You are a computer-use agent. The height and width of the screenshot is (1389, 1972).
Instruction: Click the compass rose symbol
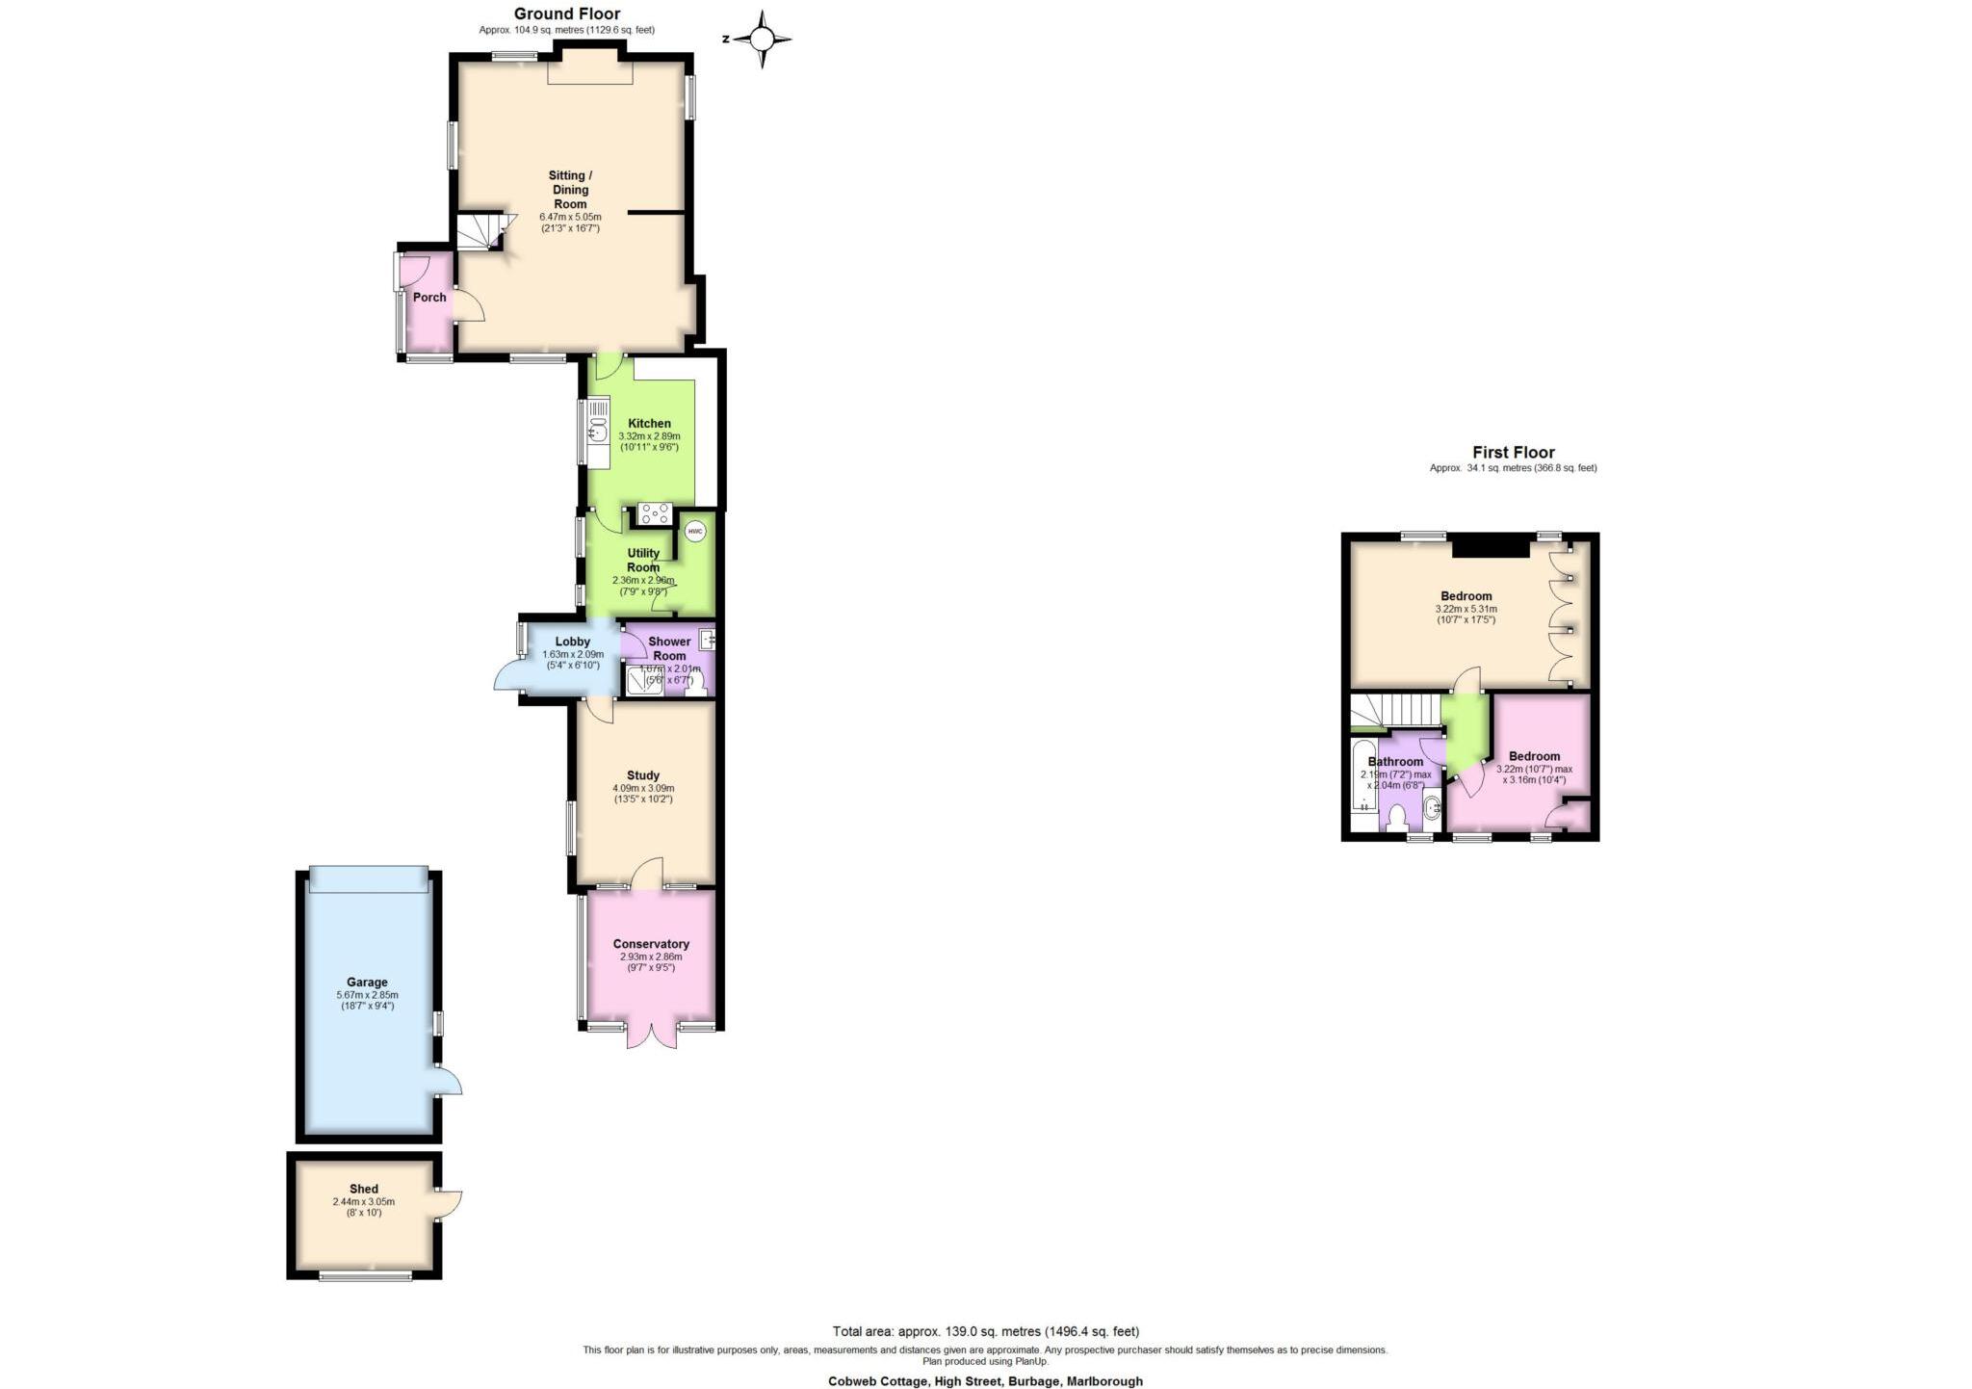(762, 39)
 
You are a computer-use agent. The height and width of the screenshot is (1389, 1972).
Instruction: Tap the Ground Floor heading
(566, 13)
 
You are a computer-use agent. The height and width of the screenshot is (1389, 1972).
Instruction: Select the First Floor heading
(1513, 452)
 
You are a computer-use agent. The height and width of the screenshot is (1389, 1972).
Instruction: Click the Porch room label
(429, 297)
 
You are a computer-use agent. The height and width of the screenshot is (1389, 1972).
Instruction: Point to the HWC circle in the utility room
(694, 532)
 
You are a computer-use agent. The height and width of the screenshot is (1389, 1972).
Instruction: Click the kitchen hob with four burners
(655, 514)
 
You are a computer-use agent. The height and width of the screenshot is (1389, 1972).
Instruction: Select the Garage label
(367, 983)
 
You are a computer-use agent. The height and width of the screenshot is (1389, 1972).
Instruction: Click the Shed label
(363, 1189)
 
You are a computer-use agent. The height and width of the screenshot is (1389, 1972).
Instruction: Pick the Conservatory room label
(651, 944)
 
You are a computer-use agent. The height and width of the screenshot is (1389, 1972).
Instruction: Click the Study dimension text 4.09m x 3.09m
(643, 788)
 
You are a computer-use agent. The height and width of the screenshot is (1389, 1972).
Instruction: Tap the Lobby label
(572, 642)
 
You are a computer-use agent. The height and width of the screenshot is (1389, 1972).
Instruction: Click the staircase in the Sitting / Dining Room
(480, 232)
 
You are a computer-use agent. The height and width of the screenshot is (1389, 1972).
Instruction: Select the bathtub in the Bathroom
(1363, 786)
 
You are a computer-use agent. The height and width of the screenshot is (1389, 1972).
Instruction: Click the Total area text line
(985, 1331)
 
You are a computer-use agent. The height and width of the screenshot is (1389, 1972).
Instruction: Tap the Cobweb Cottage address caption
(985, 1380)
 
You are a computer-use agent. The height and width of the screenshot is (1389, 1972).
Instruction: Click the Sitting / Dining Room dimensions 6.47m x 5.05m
(570, 217)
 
